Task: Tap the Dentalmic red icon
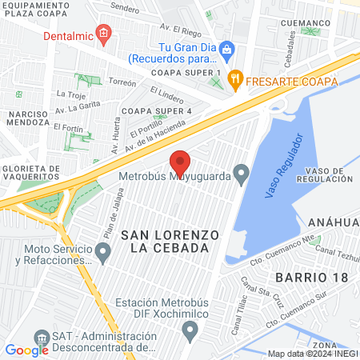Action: coord(102,33)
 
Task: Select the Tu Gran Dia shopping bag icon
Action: coord(226,50)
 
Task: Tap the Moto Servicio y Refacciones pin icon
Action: coord(102,254)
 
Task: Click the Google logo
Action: coord(26,350)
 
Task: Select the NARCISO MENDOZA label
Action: coord(30,120)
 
